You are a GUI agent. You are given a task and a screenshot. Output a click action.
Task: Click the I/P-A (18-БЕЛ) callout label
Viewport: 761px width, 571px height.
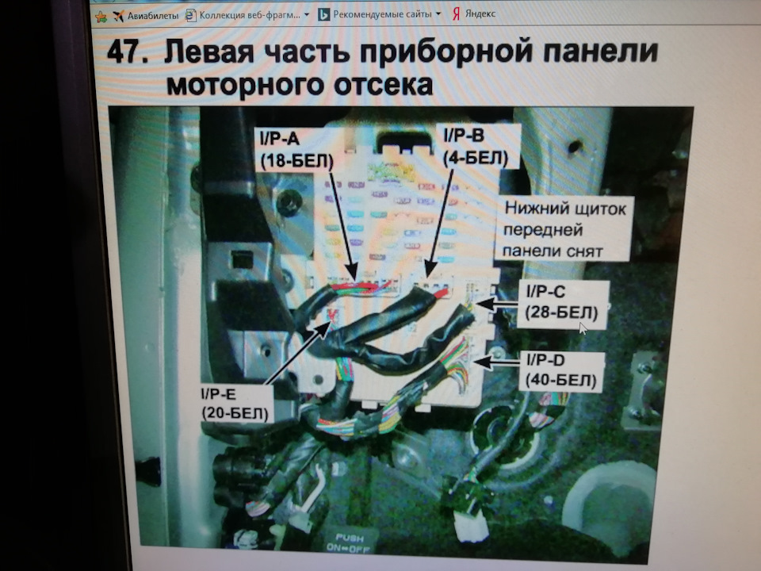(296, 150)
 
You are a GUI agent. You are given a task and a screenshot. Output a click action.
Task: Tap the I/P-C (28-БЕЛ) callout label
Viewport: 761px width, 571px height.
(561, 302)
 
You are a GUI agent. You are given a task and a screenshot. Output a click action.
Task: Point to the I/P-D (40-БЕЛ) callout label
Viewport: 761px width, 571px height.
(561, 370)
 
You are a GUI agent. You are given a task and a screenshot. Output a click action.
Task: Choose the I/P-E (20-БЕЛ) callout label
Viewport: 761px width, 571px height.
(235, 404)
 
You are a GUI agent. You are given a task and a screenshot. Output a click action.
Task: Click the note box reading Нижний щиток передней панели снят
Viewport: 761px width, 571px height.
(564, 229)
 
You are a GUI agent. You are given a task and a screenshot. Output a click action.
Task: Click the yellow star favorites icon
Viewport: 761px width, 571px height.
(101, 17)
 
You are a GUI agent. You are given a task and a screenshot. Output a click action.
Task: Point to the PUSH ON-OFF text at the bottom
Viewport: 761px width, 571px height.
(349, 542)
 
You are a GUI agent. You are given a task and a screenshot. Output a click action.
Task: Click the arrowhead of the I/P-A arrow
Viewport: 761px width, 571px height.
(353, 273)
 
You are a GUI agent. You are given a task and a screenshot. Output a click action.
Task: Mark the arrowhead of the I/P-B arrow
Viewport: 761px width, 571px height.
(430, 269)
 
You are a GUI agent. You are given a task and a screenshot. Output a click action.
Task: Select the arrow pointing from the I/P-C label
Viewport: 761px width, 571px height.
(497, 304)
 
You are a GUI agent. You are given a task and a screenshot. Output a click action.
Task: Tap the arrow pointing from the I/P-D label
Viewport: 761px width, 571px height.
(496, 362)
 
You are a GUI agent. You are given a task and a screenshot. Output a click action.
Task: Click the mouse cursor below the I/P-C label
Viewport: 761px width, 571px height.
(583, 328)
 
